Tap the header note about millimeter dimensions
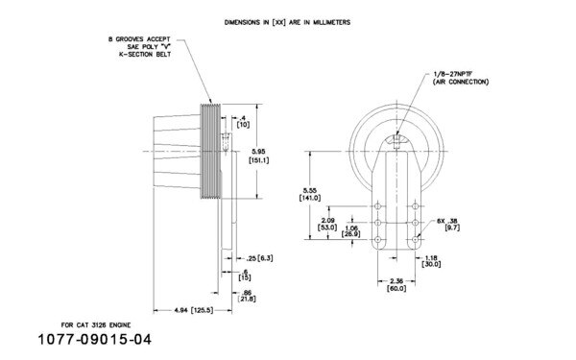click(x=287, y=20)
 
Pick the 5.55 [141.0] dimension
click(x=311, y=193)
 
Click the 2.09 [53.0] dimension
click(x=327, y=224)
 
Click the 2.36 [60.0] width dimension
click(x=395, y=286)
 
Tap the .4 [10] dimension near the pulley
click(x=244, y=121)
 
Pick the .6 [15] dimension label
click(x=246, y=275)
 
